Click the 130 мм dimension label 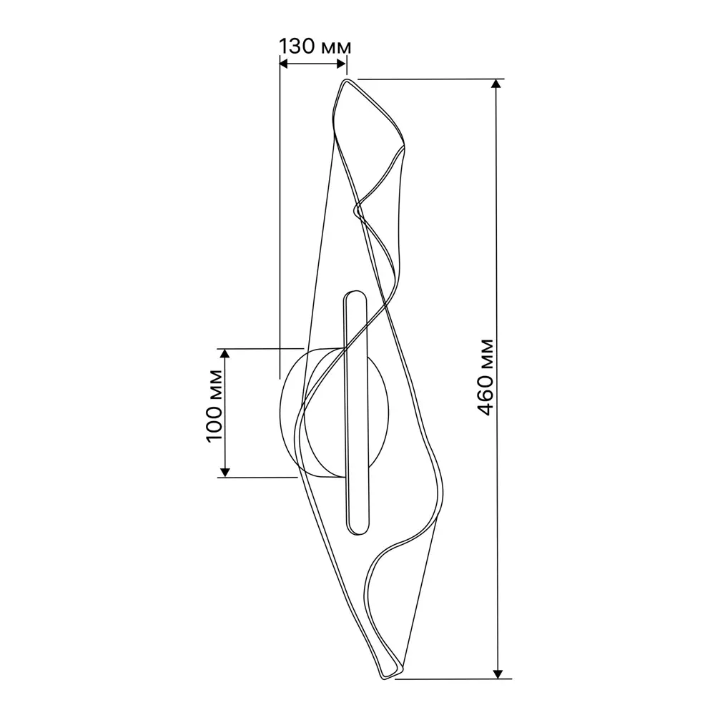[x=315, y=46]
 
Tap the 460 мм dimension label [x=485, y=377]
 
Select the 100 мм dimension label [x=214, y=405]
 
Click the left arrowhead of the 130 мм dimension [x=284, y=64]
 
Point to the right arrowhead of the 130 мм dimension [x=342, y=64]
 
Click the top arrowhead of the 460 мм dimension [x=498, y=84]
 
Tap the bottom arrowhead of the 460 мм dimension [x=498, y=674]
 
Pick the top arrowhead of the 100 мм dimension [x=224, y=353]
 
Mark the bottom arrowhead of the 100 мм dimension [x=224, y=473]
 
